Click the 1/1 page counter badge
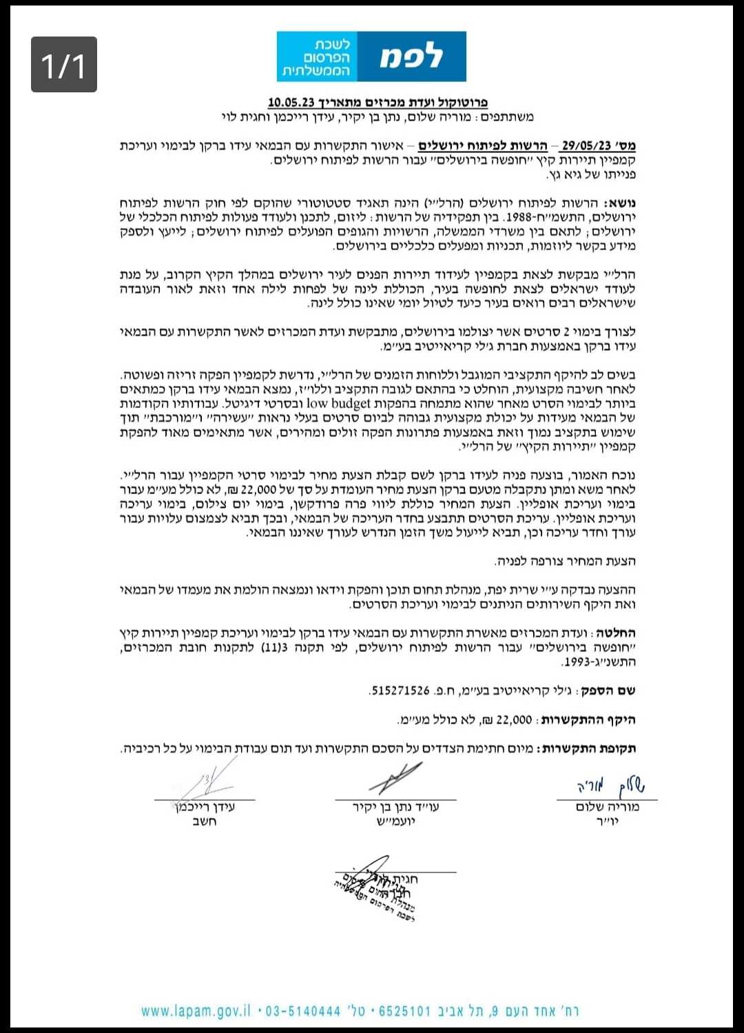[63, 65]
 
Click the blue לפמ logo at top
[371, 57]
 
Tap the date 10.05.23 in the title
[291, 102]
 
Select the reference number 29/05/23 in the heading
[586, 145]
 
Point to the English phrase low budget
[339, 404]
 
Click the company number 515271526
[400, 690]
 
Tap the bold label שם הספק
[608, 691]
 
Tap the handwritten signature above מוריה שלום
[610, 786]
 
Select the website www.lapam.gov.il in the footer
[196, 1011]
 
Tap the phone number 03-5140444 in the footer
[303, 1011]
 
